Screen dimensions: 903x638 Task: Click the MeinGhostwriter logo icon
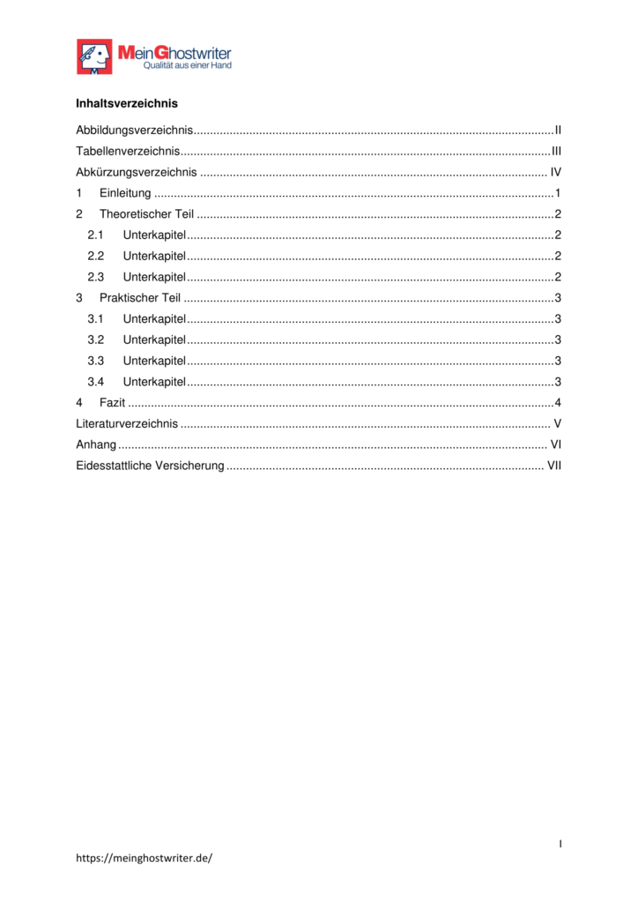(x=94, y=56)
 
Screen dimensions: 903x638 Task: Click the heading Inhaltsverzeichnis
(x=127, y=104)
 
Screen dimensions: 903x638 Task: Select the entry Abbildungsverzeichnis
(x=135, y=131)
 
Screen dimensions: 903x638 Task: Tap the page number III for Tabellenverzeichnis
(x=556, y=152)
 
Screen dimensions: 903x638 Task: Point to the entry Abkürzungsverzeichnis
(x=137, y=173)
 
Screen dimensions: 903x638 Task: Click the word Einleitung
(x=125, y=194)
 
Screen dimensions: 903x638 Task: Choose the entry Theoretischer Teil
(x=146, y=214)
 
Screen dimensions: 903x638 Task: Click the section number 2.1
(x=96, y=235)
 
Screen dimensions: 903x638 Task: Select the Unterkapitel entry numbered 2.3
(x=154, y=277)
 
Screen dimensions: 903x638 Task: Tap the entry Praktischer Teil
(x=140, y=298)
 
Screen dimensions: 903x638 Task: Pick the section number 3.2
(x=96, y=340)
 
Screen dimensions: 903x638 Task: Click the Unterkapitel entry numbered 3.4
(x=154, y=382)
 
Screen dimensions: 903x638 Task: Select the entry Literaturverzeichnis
(x=127, y=424)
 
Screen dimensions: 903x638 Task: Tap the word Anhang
(x=96, y=444)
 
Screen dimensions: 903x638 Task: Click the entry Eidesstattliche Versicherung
(x=150, y=466)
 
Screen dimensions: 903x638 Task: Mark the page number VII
(x=554, y=466)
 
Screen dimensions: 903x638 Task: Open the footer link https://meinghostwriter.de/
(x=145, y=857)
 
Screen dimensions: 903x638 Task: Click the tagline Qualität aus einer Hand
(x=188, y=65)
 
